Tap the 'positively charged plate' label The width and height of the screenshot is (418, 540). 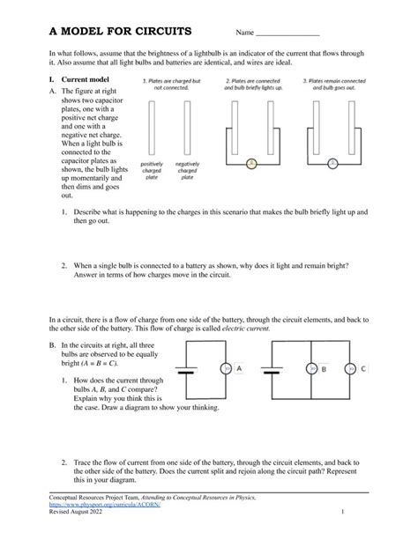click(152, 170)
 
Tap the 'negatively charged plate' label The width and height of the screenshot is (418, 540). click(187, 170)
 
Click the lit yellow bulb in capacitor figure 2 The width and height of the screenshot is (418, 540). click(250, 162)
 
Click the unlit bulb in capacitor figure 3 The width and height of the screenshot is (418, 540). click(332, 162)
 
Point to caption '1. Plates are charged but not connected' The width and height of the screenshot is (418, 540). click(171, 84)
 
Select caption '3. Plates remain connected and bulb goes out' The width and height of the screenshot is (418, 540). click(333, 84)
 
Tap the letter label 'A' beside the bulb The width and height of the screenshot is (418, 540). click(239, 368)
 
